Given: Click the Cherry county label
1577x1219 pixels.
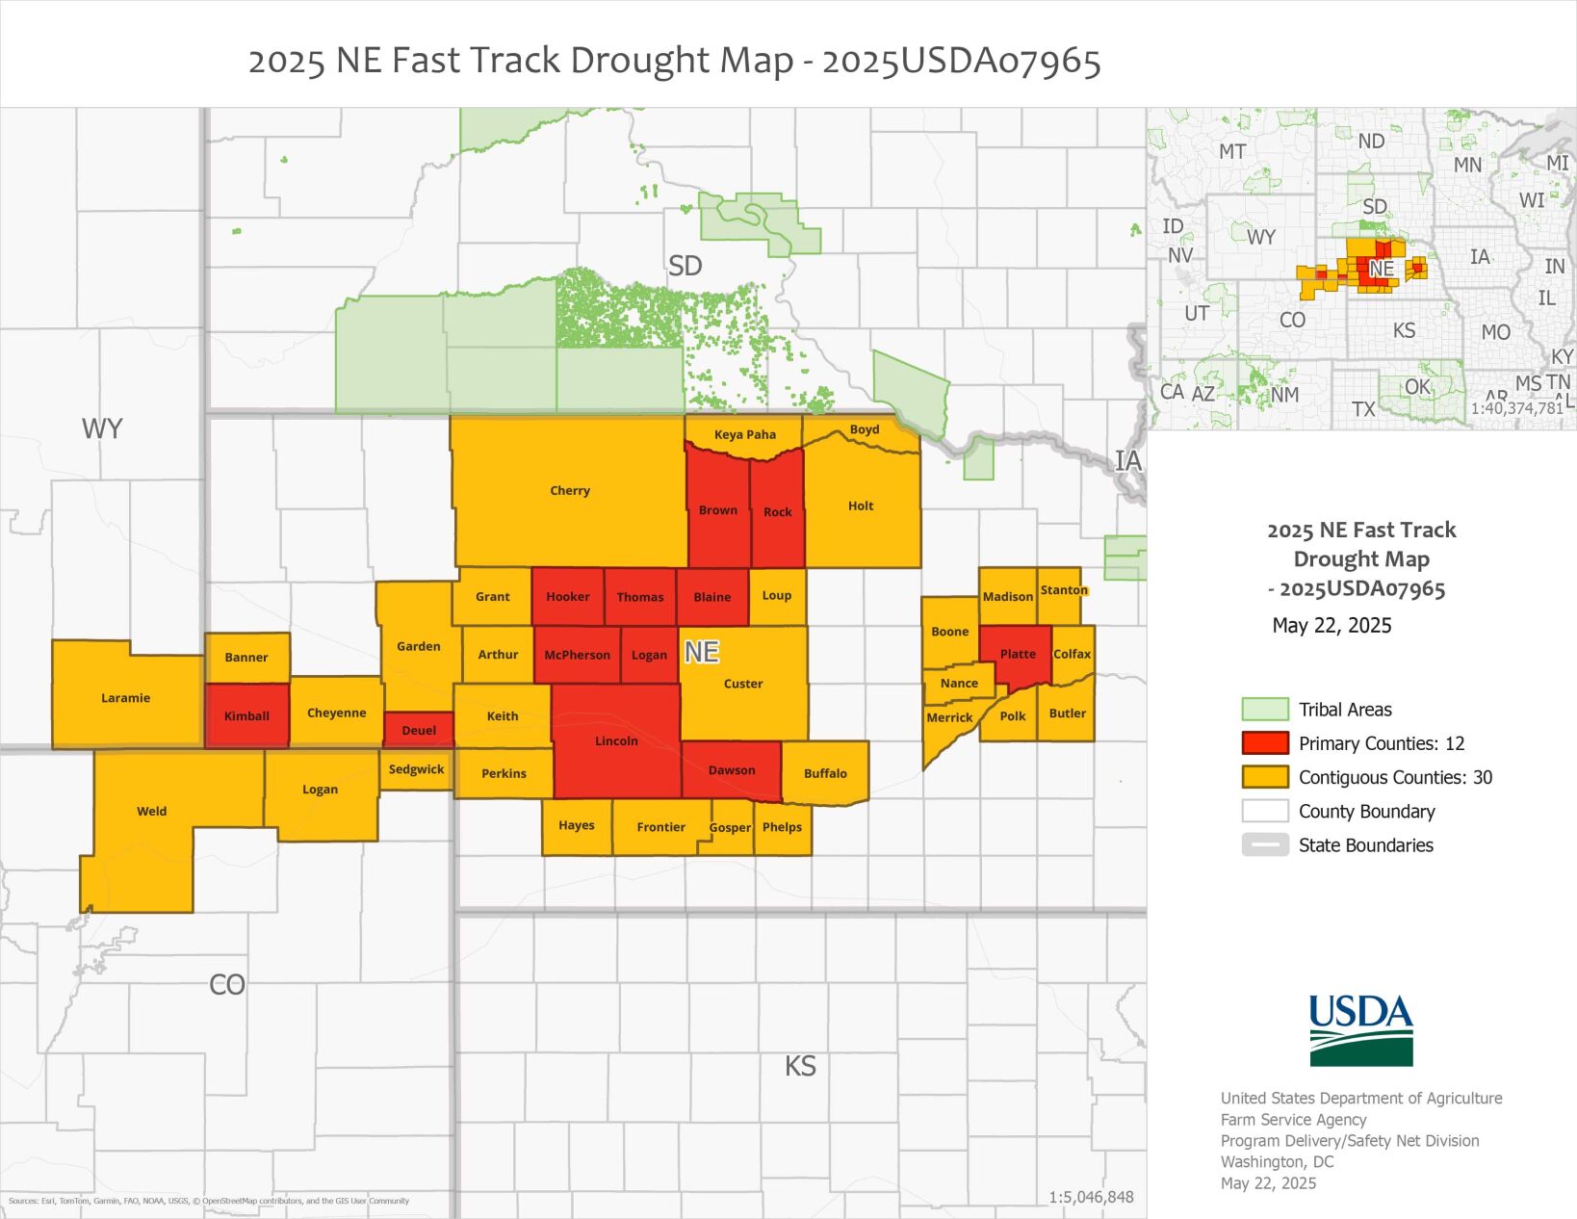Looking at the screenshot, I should [570, 491].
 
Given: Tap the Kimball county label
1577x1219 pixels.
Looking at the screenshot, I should [246, 716].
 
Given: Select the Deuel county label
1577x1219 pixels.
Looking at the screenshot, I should [419, 731].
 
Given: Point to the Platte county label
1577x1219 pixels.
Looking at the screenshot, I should [1018, 654].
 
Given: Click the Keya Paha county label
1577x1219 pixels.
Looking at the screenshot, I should [744, 434].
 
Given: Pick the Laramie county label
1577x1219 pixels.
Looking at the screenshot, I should [125, 698].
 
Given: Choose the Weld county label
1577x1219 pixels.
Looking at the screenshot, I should [151, 812].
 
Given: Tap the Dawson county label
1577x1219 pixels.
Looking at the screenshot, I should [732, 770].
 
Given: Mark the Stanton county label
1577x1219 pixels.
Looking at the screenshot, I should [1064, 590].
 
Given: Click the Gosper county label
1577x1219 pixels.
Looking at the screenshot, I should [730, 828].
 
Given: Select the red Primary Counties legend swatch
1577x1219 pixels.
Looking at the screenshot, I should [1264, 743].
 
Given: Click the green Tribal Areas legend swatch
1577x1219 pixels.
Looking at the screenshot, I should [1264, 710].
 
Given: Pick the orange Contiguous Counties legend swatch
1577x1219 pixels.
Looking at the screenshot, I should [1264, 777].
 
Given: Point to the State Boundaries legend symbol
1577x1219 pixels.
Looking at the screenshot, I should [1264, 845].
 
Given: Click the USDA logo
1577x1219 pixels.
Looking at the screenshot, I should [1360, 1030].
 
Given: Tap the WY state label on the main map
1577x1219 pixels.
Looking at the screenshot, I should [102, 428].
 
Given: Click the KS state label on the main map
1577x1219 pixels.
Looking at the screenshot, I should [800, 1066].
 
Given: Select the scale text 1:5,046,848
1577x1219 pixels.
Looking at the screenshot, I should [1091, 1198].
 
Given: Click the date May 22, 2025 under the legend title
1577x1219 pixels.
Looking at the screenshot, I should [1331, 626].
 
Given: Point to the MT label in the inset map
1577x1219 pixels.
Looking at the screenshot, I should [1232, 151].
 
